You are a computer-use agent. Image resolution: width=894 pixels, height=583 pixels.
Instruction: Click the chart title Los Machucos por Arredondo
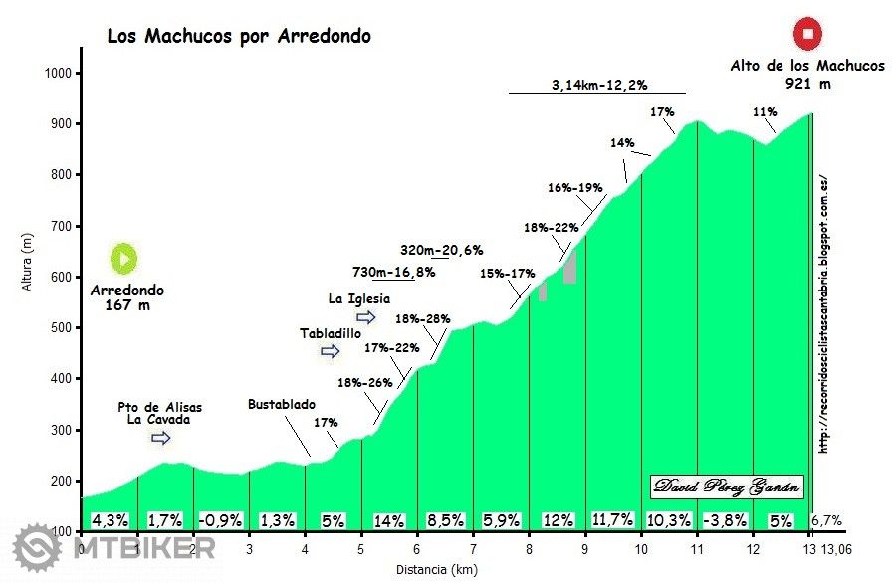239,37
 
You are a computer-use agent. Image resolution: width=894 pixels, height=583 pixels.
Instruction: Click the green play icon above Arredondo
124,259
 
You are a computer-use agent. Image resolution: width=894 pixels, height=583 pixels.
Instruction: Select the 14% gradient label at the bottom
388,520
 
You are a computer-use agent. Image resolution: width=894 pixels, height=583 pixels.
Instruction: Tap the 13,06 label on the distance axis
837,548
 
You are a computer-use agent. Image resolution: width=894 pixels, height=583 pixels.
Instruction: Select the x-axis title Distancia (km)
446,569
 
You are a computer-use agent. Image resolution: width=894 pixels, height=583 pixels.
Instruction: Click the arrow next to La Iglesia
366,317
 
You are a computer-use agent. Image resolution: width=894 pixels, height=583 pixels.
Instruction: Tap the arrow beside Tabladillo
330,351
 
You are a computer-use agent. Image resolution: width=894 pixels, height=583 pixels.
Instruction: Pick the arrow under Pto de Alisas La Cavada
161,438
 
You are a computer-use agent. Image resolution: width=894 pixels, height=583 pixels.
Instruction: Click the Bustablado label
282,404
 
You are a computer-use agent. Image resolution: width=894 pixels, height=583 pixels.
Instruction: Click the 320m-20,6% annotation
441,250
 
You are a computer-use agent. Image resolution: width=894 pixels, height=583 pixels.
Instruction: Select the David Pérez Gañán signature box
728,487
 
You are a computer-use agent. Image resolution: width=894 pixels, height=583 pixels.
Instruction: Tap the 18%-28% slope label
423,319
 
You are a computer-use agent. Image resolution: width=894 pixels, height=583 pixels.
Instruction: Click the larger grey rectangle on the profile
569,266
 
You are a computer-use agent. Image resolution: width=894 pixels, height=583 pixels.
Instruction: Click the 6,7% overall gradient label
828,520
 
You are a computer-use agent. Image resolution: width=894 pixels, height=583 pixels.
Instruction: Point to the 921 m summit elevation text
807,84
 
